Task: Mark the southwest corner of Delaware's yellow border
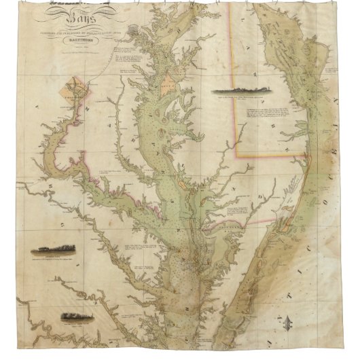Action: click(x=236, y=156)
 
